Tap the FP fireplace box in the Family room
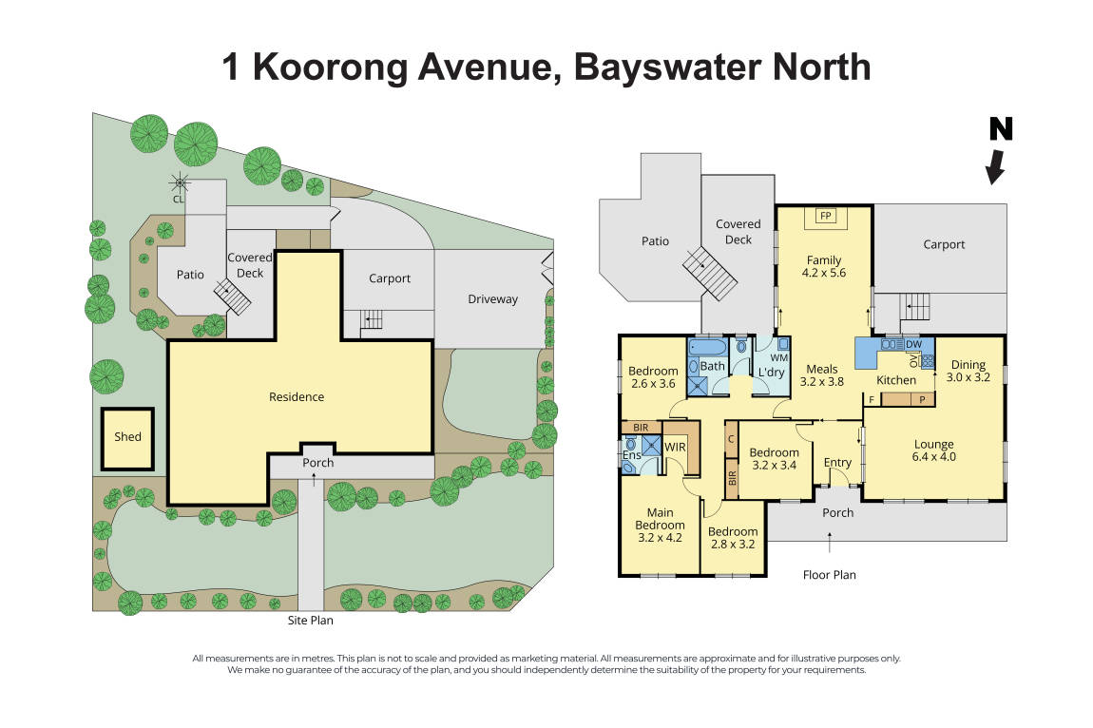tap(825, 217)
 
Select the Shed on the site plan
tap(127, 437)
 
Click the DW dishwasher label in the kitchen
tap(913, 344)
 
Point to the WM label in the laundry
tap(779, 357)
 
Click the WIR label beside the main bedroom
tap(676, 446)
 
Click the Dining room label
tap(968, 364)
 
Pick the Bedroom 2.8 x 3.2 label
tap(733, 538)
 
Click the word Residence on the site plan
tap(297, 397)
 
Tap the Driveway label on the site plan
tap(492, 299)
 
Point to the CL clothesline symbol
tap(178, 182)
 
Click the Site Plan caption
tap(310, 621)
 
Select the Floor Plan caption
tap(829, 575)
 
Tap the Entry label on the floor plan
tap(837, 463)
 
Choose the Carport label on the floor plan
tap(944, 244)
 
